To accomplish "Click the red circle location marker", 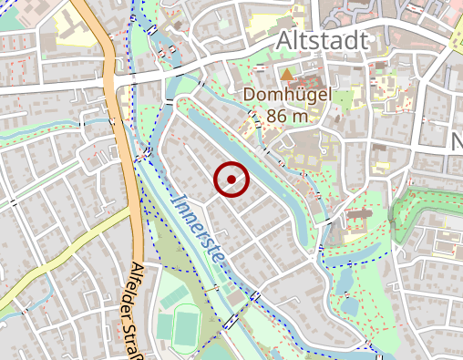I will (231, 180).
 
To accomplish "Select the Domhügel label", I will (287, 95).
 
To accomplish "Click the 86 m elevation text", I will (287, 116).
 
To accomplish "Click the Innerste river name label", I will (196, 227).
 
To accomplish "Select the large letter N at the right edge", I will (457, 141).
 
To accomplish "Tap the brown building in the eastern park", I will (358, 220).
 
